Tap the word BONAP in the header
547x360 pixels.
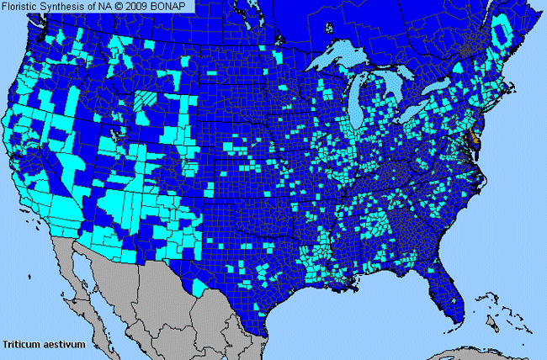click(176, 7)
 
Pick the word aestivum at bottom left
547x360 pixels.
click(58, 344)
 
